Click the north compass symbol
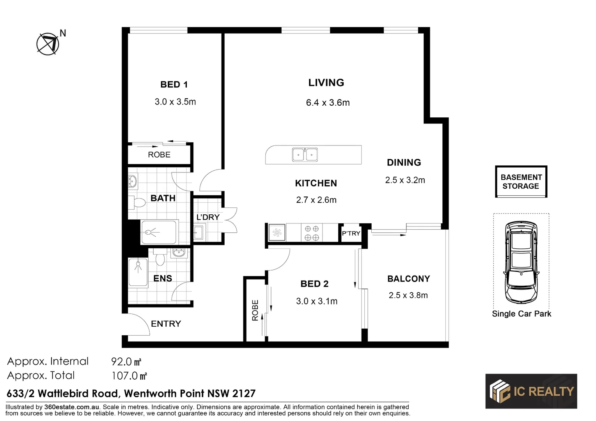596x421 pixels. [x=48, y=43]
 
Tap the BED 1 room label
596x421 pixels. [x=174, y=85]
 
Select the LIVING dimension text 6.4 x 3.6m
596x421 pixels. [x=328, y=103]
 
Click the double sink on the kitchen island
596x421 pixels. [x=305, y=154]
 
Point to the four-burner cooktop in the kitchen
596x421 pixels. [x=312, y=233]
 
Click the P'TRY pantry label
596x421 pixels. [x=351, y=233]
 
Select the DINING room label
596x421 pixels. [x=404, y=163]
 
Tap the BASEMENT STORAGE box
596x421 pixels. [x=521, y=182]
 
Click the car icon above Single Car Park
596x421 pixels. [x=521, y=262]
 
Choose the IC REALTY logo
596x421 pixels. [x=531, y=391]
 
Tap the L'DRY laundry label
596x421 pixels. [x=208, y=217]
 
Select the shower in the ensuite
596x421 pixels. [x=138, y=272]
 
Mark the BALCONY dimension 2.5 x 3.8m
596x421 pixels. [x=408, y=295]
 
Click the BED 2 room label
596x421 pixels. [x=314, y=284]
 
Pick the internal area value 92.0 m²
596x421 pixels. [x=126, y=362]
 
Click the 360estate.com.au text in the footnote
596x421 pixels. [x=72, y=407]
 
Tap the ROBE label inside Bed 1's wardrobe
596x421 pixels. [x=159, y=155]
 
